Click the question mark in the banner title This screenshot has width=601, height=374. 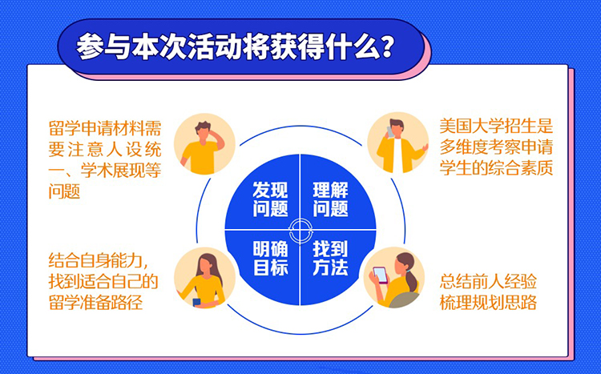[384, 46]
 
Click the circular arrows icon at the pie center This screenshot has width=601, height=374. [300, 231]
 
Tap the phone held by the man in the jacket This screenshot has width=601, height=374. [391, 132]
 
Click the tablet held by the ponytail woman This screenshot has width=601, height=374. [381, 275]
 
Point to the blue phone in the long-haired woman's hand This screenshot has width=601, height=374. [196, 302]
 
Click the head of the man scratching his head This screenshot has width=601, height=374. [204, 132]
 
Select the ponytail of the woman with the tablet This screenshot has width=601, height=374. [412, 279]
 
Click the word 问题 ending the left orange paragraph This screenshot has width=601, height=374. [64, 191]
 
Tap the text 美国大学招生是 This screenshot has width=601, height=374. [496, 126]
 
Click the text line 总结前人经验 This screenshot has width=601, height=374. [488, 281]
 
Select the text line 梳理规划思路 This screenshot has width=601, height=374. [488, 303]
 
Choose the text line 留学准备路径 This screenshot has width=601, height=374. [96, 302]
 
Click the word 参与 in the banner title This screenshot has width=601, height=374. [103, 46]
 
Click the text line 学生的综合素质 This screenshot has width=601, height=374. [496, 167]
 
